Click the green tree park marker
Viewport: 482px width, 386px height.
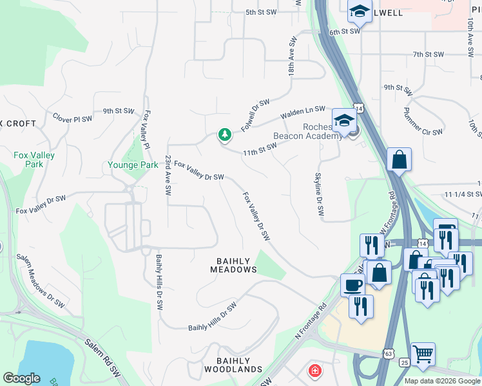(x=224, y=135)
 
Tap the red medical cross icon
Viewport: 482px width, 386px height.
(x=314, y=371)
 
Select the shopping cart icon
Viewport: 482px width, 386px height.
(x=423, y=353)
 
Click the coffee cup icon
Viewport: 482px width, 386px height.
(x=352, y=284)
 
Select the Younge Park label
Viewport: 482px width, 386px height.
(x=132, y=165)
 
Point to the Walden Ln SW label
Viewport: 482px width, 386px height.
(x=302, y=113)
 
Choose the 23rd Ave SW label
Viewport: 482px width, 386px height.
(x=168, y=175)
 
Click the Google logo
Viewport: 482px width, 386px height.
(x=21, y=378)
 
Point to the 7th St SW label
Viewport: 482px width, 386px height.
(x=429, y=55)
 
